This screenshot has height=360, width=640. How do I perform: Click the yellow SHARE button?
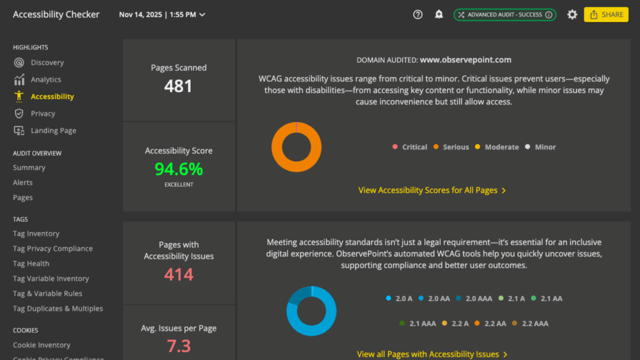[x=606, y=14]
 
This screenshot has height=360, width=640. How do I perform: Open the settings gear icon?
[x=572, y=14]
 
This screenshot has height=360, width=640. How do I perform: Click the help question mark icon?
[x=417, y=14]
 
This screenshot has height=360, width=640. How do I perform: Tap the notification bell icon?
[x=439, y=14]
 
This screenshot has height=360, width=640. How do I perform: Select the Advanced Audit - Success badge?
[x=504, y=14]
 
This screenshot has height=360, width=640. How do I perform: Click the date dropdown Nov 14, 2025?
[x=162, y=14]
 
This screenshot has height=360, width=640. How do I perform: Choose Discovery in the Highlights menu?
[x=47, y=62]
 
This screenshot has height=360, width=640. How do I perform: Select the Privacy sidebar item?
[x=42, y=114]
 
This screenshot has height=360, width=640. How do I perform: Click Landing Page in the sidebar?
[x=53, y=131]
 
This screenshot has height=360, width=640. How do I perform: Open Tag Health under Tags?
[x=31, y=264]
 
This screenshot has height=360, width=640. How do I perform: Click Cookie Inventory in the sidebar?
[x=41, y=345]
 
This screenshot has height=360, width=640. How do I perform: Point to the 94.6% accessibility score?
[x=179, y=169]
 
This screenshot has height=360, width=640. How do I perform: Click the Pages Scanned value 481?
[x=178, y=86]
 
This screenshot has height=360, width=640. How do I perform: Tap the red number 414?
[x=179, y=274]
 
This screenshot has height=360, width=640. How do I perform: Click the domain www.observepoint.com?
[x=465, y=60]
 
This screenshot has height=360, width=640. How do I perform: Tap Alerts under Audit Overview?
[x=22, y=182]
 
